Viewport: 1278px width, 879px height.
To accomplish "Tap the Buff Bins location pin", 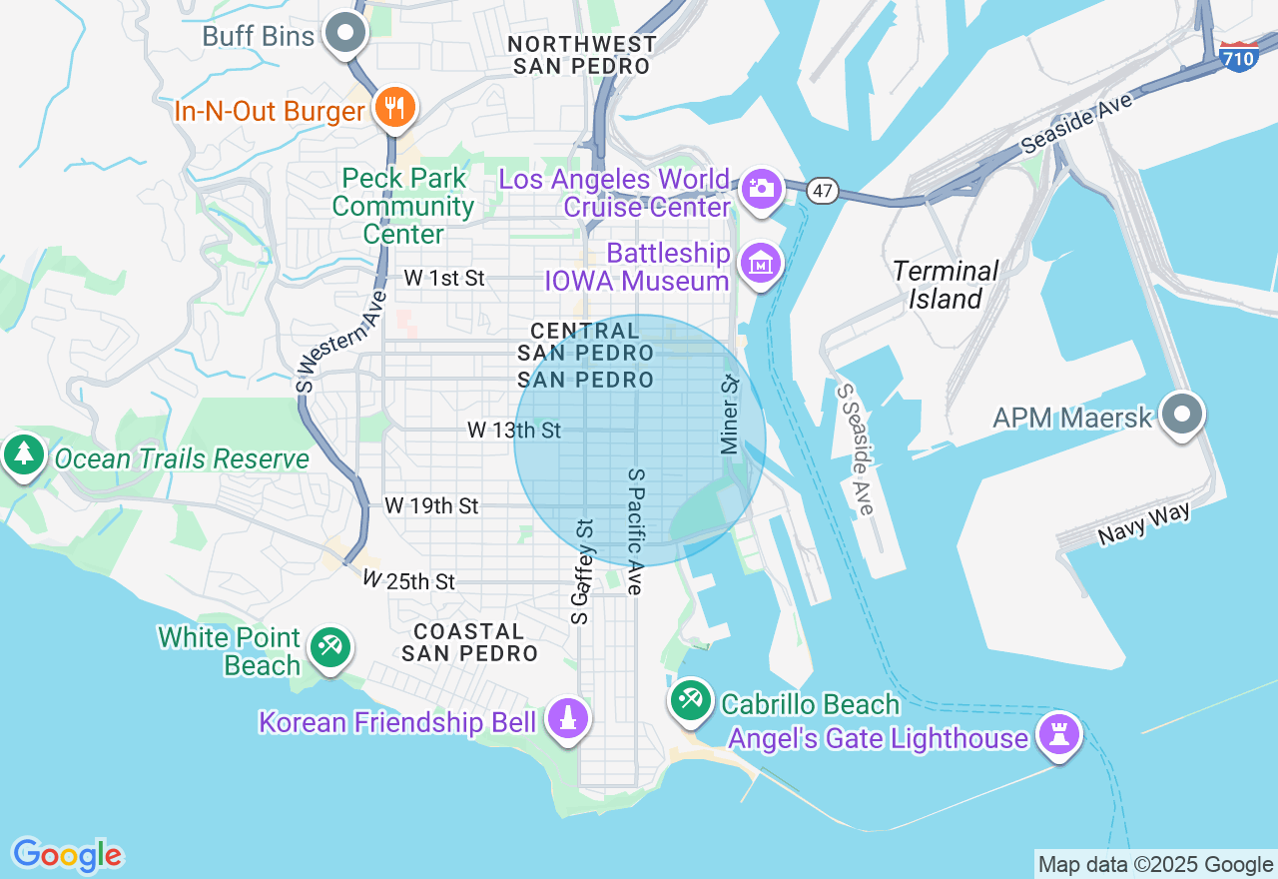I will [346, 34].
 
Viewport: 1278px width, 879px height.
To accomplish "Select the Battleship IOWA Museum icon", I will [761, 265].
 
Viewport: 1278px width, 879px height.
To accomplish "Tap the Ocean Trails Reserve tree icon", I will [23, 455].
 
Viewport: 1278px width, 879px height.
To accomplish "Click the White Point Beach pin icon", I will [328, 647].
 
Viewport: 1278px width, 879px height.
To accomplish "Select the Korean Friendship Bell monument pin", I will [568, 718].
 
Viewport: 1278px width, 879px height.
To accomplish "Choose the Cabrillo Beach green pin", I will [690, 699].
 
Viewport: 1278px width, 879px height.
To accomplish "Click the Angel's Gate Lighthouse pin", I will [1059, 735].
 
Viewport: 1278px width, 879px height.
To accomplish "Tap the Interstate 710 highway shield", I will [1238, 58].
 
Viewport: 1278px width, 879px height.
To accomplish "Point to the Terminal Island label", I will [946, 285].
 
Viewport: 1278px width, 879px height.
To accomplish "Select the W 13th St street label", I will [514, 431].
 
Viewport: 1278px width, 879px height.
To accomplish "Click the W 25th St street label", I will [408, 580].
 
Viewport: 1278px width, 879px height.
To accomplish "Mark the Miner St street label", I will [730, 416].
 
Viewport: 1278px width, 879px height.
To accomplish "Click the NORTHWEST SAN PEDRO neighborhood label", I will [582, 55].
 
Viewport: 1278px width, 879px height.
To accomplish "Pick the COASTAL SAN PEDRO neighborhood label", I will [469, 642].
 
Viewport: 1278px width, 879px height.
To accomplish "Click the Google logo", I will [67, 855].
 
